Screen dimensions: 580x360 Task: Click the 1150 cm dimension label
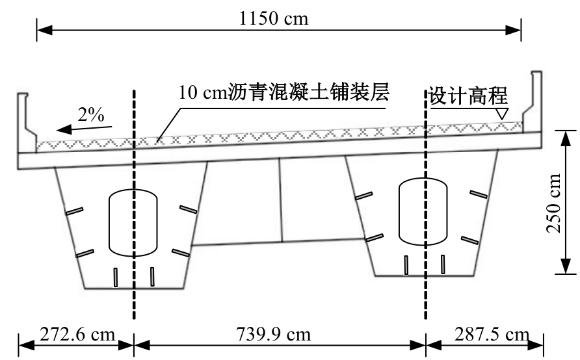[273, 18]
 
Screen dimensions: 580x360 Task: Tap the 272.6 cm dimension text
[77, 334]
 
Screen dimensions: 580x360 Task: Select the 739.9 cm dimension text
[273, 334]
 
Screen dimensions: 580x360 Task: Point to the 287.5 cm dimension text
[492, 334]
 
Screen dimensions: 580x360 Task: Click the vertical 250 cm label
[554, 203]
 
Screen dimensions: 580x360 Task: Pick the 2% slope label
[91, 114]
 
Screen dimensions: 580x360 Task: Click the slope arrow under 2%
[84, 129]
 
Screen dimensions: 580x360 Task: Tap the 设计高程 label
[468, 96]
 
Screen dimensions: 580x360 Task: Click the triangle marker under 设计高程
[501, 114]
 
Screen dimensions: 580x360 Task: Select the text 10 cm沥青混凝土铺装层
[283, 92]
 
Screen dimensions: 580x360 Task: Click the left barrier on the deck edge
[27, 122]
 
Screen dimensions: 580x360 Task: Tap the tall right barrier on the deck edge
[533, 101]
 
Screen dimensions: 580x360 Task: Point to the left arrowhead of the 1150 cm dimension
[44, 30]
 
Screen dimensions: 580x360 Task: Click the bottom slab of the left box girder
[134, 288]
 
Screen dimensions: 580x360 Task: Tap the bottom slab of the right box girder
[425, 276]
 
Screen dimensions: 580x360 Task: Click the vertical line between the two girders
[281, 200]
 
